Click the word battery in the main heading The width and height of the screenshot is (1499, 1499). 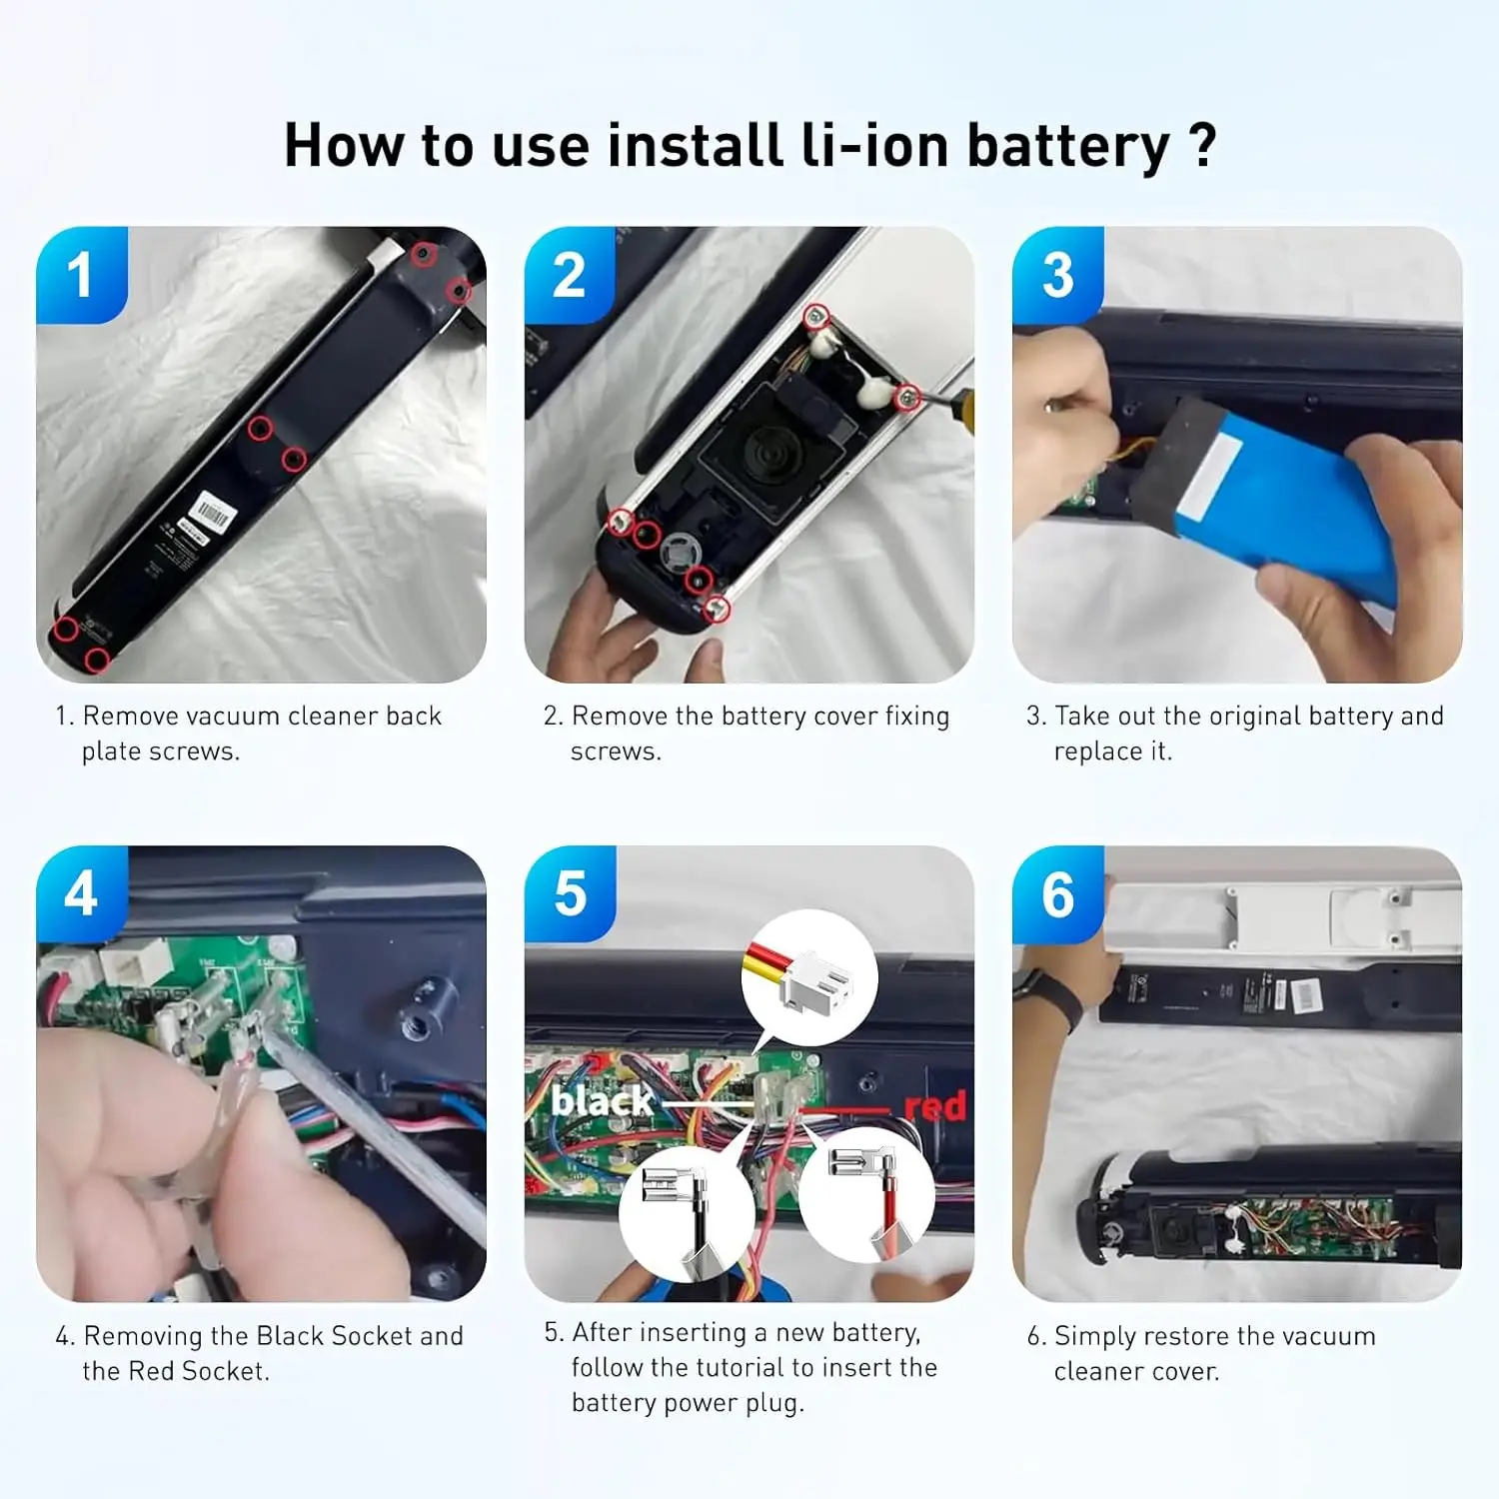[1067, 147]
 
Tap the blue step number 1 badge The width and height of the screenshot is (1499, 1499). [81, 274]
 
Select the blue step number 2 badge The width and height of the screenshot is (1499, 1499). [569, 274]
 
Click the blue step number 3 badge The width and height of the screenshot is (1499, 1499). [1057, 274]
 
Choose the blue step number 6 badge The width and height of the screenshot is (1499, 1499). [1057, 893]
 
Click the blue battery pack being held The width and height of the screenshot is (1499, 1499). [1299, 500]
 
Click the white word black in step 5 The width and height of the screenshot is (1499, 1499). [602, 1101]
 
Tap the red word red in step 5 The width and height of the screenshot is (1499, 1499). [934, 1106]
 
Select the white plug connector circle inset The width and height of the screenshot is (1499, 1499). [809, 977]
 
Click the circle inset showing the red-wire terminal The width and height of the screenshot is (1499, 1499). [866, 1193]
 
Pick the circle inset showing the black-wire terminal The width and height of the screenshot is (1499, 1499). [687, 1211]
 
